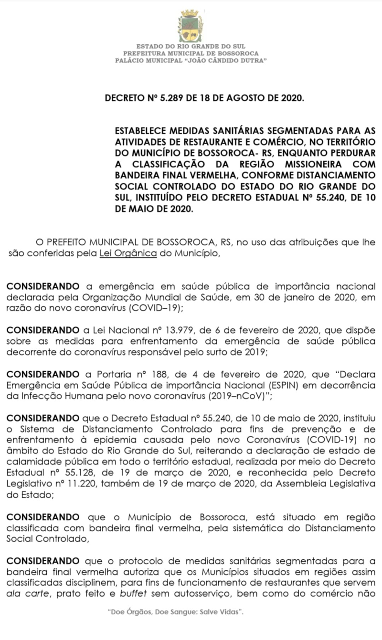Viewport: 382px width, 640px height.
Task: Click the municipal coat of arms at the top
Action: tap(191, 27)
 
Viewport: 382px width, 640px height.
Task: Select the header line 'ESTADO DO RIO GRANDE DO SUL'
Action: tap(191, 46)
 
